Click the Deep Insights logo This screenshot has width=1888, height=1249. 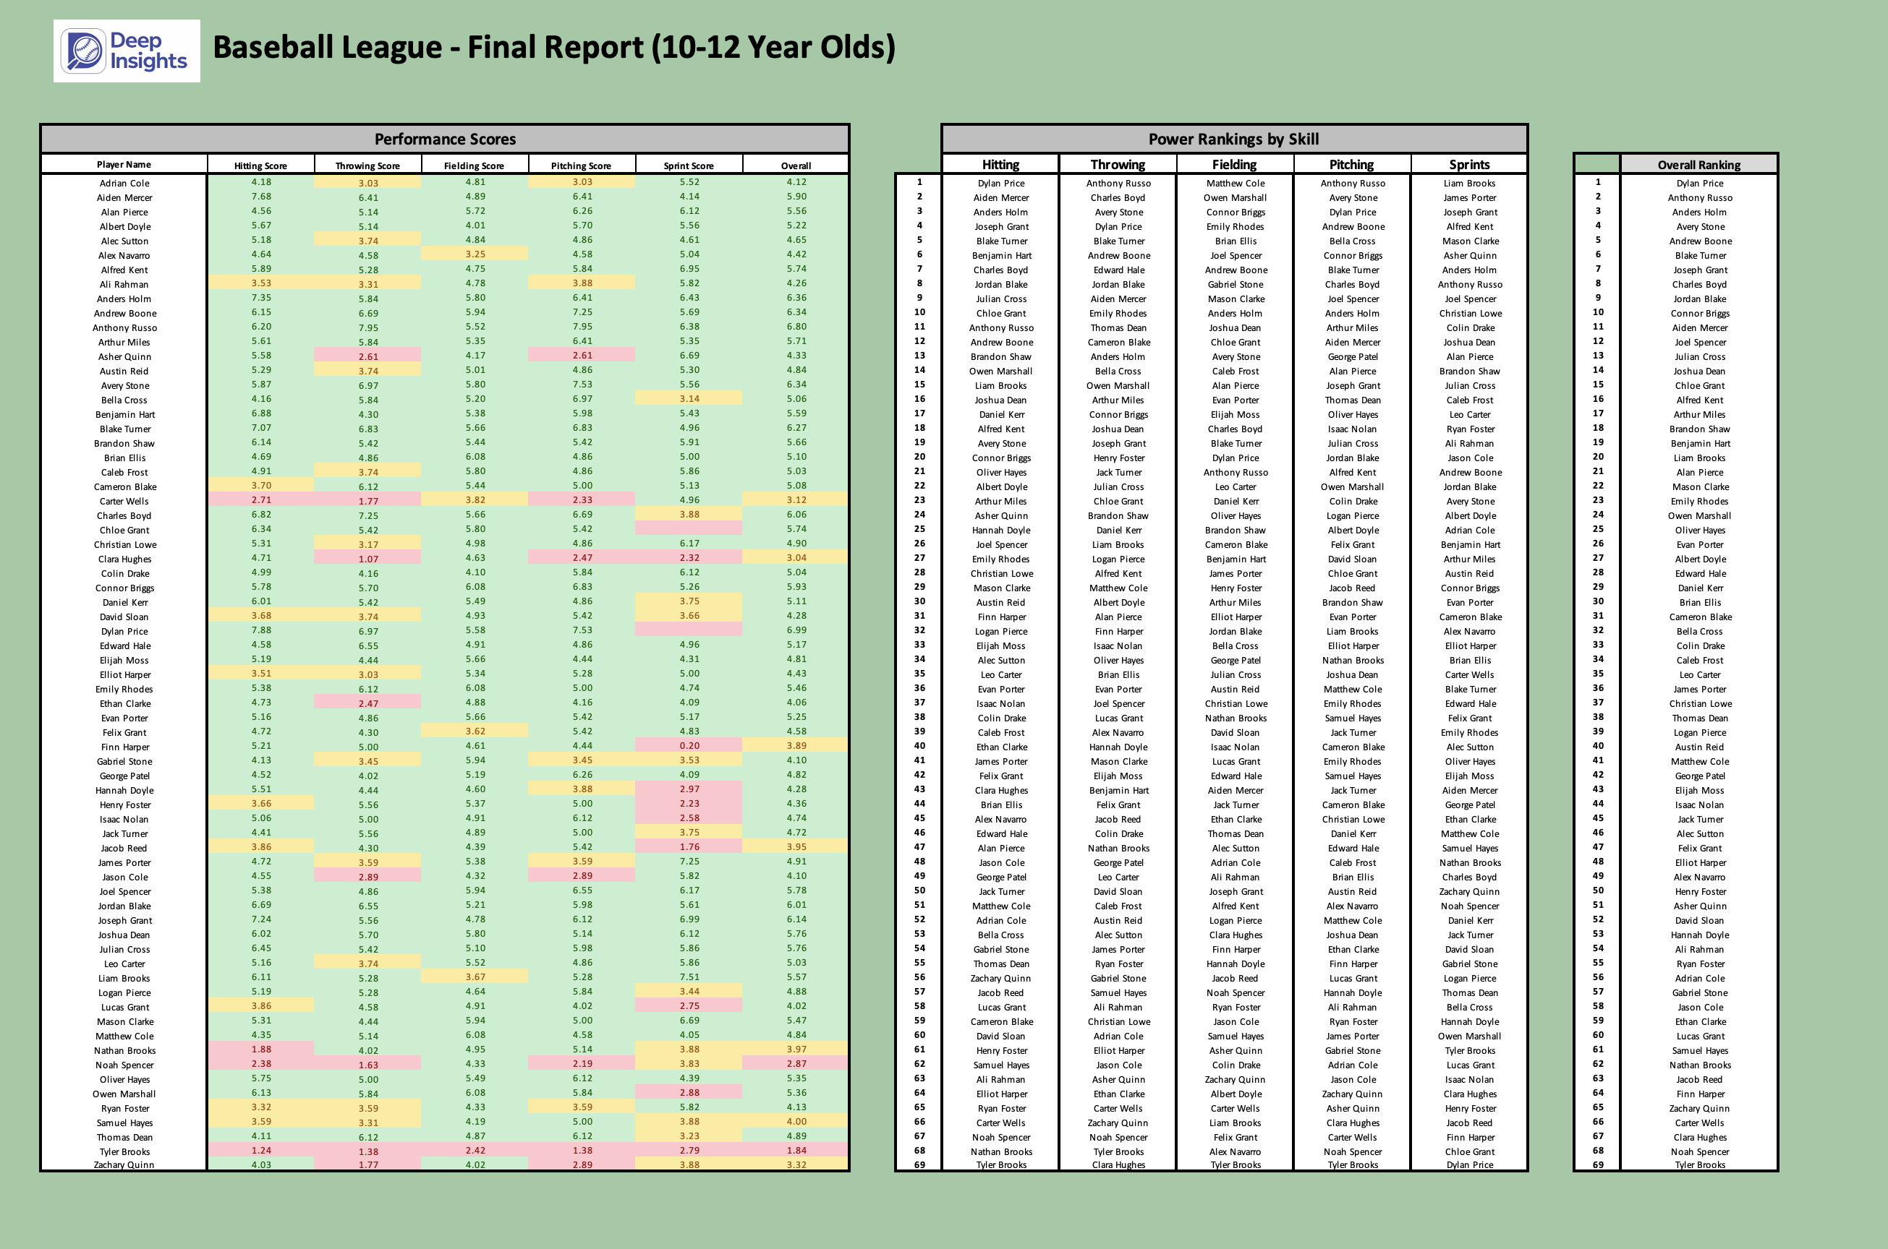[x=126, y=51]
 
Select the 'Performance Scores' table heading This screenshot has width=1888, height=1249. [x=445, y=140]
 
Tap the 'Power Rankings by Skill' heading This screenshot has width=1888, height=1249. [x=1233, y=140]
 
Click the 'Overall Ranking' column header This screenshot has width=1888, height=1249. [x=1698, y=165]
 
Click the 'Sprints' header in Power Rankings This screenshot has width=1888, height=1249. [x=1468, y=165]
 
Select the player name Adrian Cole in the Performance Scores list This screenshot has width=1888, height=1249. [x=124, y=183]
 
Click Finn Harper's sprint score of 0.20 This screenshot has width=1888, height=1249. [x=689, y=746]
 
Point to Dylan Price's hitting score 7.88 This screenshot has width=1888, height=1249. [x=260, y=630]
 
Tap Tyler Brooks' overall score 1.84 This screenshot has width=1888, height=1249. [x=796, y=1150]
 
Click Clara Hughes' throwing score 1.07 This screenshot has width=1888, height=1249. [x=368, y=559]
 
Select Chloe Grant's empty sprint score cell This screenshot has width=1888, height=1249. [x=689, y=529]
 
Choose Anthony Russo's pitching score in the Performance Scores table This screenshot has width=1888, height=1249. [x=582, y=327]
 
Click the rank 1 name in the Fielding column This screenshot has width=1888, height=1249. [x=1236, y=183]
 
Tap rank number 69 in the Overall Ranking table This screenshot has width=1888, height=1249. [x=1597, y=1164]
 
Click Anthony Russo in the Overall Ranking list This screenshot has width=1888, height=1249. [x=1699, y=197]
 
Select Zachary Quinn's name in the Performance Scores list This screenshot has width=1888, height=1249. [x=124, y=1164]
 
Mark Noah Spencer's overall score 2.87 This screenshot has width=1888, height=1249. [x=796, y=1063]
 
